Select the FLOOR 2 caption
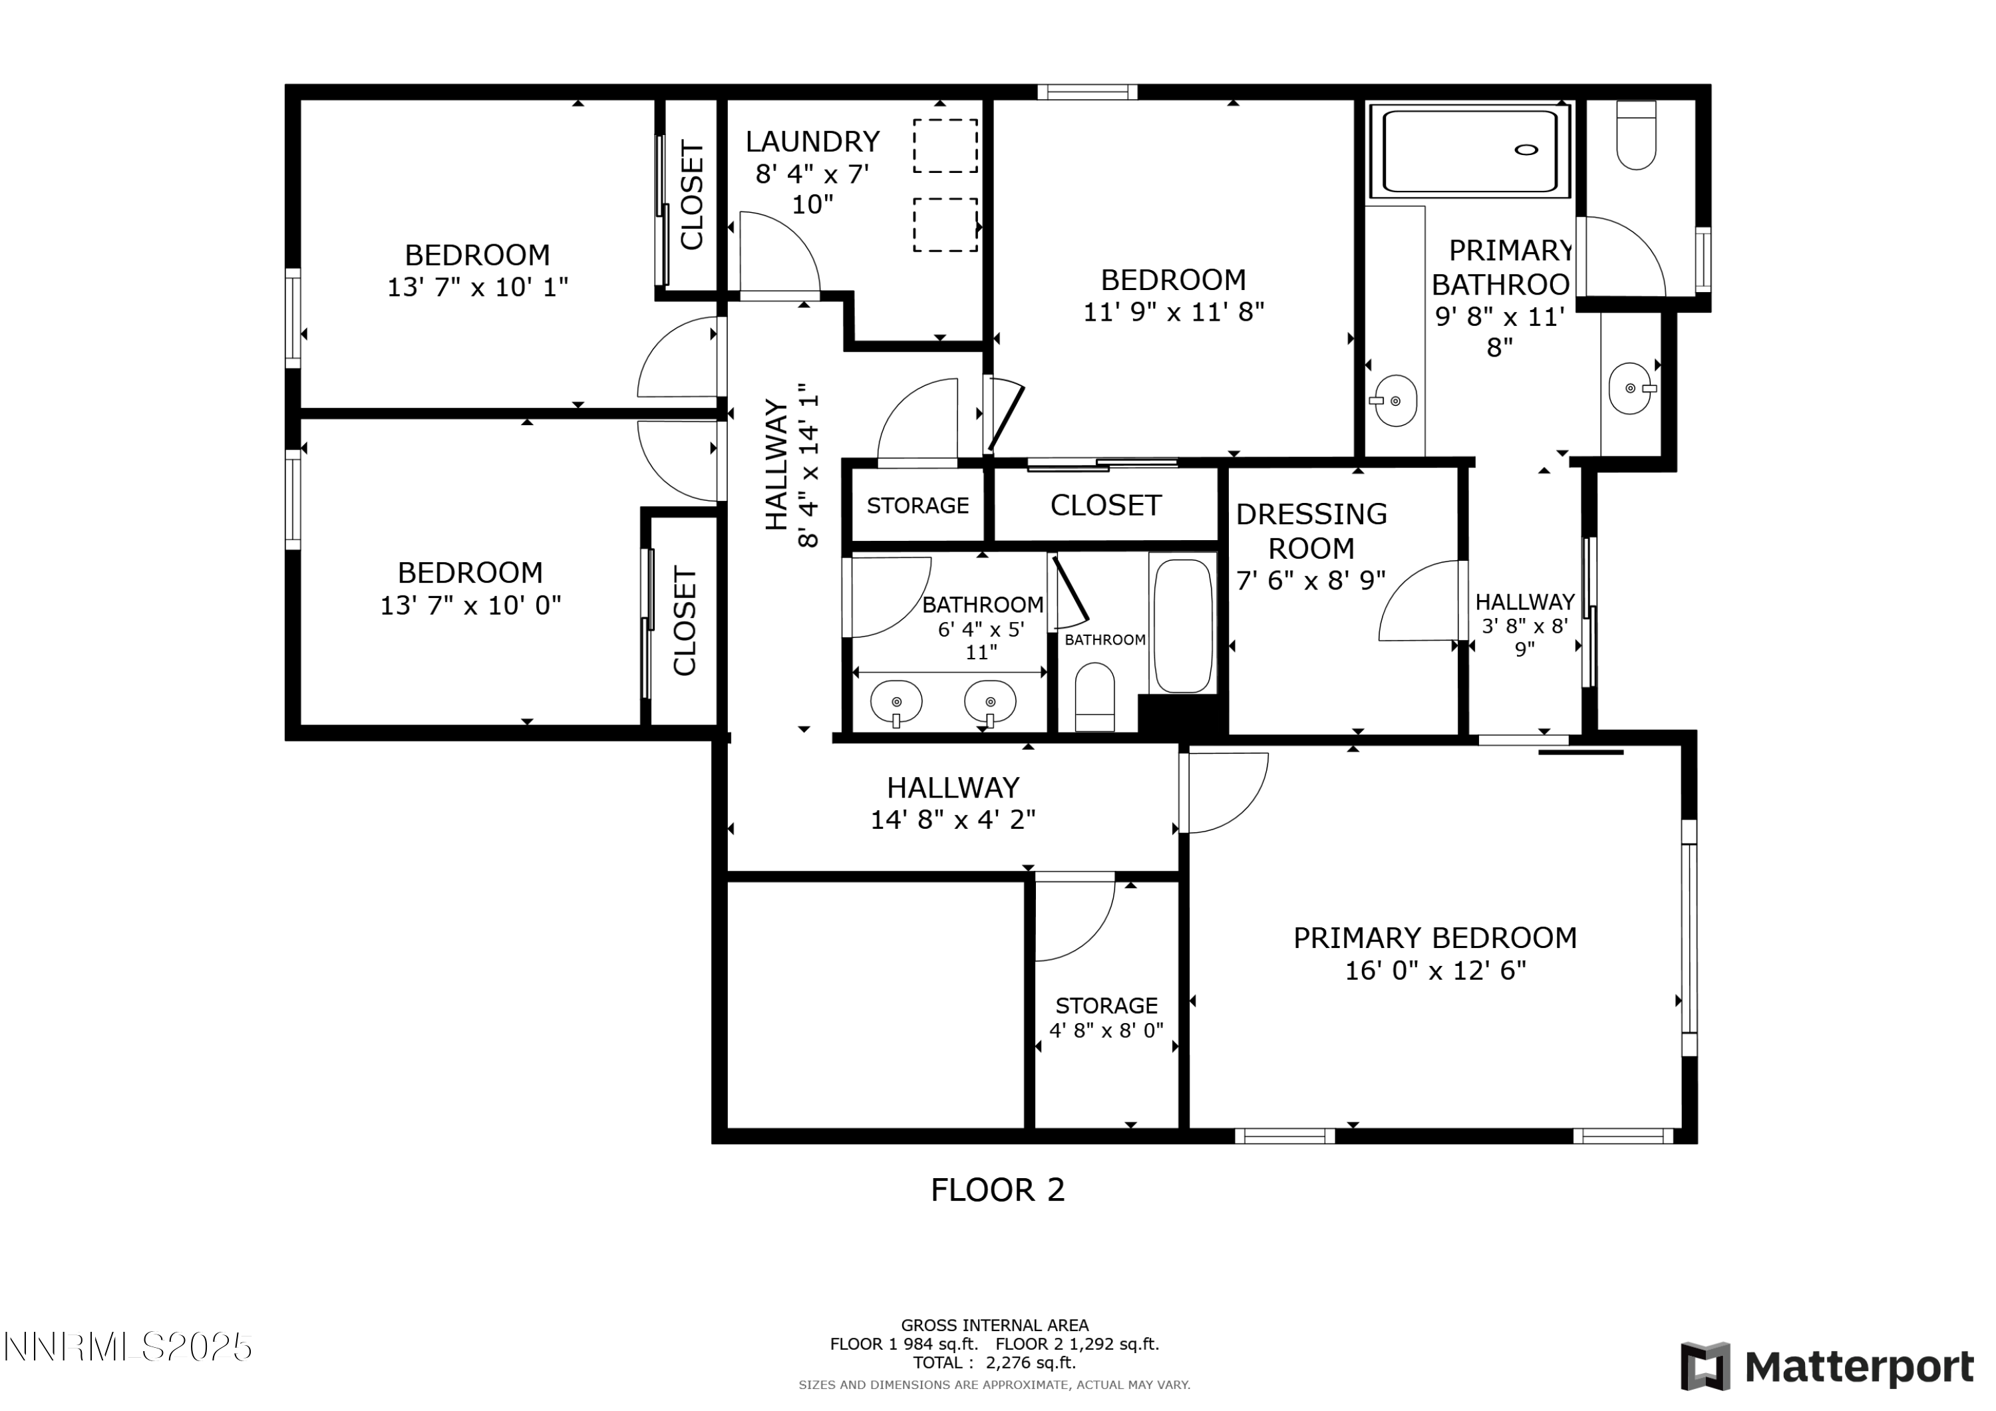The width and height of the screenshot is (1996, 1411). coord(997,1190)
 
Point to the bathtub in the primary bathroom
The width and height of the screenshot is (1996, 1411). coord(1470,150)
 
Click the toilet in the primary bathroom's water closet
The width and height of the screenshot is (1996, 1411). coord(1635,136)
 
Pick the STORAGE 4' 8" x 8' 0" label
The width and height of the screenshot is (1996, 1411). coord(1106,1018)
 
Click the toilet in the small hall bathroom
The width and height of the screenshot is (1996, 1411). coord(1094,697)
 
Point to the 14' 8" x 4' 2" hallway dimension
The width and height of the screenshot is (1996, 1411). coord(953,820)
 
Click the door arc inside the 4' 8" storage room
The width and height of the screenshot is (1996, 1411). coord(1075,920)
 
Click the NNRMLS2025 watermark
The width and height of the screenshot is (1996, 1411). coord(128,1348)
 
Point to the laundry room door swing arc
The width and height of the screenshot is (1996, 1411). coord(780,251)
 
